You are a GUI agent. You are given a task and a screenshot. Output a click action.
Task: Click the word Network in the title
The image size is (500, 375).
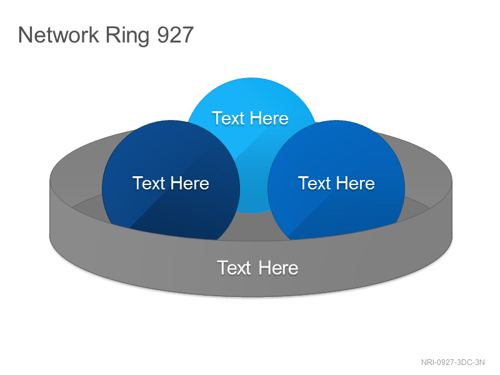coord(58,35)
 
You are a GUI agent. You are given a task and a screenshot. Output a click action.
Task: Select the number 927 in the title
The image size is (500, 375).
coord(176,35)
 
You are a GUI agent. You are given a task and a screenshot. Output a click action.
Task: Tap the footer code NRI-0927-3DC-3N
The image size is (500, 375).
coord(452,362)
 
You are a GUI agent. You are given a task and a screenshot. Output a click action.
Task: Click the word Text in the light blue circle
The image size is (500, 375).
coord(228,118)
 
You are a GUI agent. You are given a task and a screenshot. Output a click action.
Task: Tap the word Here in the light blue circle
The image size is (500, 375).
coord(269,118)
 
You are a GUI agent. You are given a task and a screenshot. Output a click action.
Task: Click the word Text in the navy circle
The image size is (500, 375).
coord(149,183)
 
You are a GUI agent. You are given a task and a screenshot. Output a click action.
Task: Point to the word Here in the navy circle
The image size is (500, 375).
coord(190,183)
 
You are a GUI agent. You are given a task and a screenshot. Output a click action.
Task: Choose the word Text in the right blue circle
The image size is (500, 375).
coord(314,183)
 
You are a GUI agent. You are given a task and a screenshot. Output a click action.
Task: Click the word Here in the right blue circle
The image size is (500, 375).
coord(355,183)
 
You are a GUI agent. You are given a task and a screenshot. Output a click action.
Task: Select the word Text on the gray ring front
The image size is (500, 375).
coord(234,268)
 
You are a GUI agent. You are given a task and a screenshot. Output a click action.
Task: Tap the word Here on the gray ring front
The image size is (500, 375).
coord(278,268)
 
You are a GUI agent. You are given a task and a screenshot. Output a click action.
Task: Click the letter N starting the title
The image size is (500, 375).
coord(26,35)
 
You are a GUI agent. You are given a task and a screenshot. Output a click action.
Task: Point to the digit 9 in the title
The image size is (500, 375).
coord(163,35)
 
